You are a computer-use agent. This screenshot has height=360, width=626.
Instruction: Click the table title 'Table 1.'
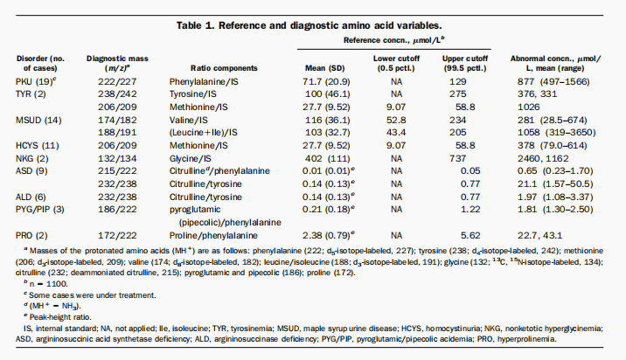[196, 25]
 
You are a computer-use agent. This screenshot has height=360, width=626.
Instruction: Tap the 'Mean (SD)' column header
[324, 68]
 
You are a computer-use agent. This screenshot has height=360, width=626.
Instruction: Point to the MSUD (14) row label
[38, 120]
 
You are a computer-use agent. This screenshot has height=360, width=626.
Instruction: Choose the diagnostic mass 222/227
[117, 82]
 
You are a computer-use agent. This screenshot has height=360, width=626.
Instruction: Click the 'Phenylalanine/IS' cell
[204, 82]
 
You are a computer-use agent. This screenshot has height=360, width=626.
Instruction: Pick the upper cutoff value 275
[457, 94]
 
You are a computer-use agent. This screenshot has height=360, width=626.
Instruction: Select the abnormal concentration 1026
[528, 107]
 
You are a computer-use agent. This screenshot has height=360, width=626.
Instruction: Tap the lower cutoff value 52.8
[396, 120]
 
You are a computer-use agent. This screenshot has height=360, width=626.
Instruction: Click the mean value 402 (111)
[327, 158]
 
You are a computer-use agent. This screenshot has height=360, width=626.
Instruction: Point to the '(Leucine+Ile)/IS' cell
[203, 133]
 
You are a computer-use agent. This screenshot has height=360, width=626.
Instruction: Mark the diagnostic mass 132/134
[117, 158]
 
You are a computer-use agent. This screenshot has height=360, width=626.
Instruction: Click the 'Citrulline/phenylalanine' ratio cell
[219, 170]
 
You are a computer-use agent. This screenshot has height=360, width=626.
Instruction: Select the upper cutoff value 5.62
[470, 235]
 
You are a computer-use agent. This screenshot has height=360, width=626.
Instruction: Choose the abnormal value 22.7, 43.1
[539, 235]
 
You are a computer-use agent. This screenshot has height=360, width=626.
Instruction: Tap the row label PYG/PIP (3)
[40, 210]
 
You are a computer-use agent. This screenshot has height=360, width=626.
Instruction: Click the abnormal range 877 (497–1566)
[553, 82]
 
